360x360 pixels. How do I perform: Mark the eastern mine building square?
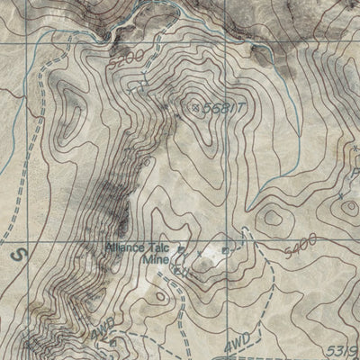tap(239, 241)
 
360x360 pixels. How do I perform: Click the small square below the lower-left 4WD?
tap(112, 342)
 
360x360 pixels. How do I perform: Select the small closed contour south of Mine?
tap(162, 295)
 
